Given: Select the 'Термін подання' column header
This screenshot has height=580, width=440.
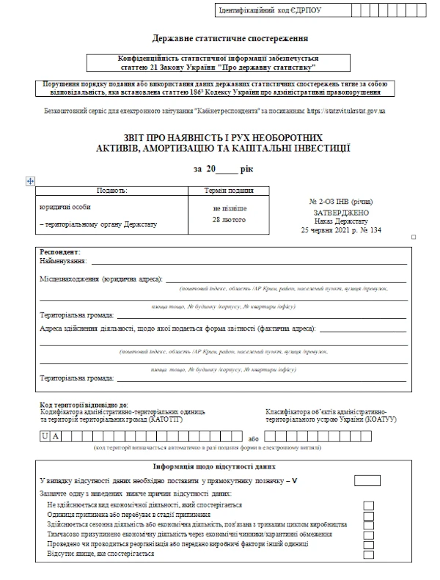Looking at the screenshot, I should [x=230, y=190].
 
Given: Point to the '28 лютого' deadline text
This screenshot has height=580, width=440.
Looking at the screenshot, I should [x=230, y=219].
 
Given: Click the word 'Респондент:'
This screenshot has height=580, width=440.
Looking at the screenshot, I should [x=60, y=252].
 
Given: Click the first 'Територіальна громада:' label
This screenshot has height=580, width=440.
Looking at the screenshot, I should [x=76, y=314].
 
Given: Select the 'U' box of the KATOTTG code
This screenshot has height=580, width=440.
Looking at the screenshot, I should [x=45, y=436].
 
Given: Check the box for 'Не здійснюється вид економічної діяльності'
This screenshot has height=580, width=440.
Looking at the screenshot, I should [x=368, y=505].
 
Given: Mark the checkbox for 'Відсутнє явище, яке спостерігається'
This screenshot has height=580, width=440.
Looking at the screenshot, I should [x=368, y=553].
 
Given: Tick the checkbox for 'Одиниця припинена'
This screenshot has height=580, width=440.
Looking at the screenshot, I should [x=368, y=515].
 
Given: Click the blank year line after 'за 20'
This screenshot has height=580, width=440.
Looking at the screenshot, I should [x=228, y=169].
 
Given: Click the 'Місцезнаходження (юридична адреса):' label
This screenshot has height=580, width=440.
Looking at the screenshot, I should [x=102, y=279].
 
